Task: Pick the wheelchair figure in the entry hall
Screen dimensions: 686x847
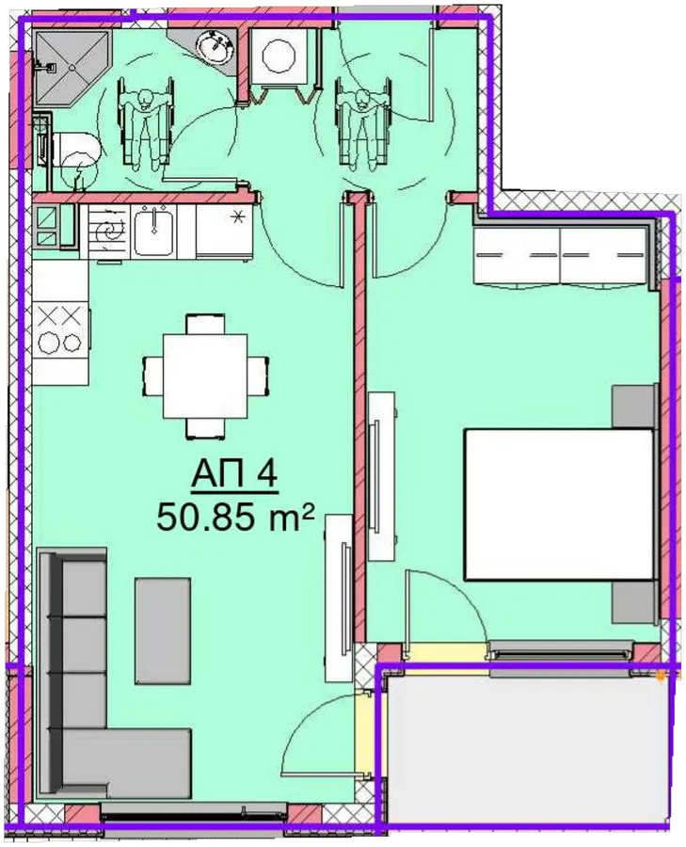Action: click(x=362, y=122)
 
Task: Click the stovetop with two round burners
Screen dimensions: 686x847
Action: click(x=60, y=329)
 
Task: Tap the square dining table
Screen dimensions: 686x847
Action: click(x=205, y=376)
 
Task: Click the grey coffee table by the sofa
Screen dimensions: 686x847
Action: click(x=163, y=631)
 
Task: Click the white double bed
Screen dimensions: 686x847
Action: click(x=560, y=504)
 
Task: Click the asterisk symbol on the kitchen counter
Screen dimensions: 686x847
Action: click(x=236, y=218)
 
